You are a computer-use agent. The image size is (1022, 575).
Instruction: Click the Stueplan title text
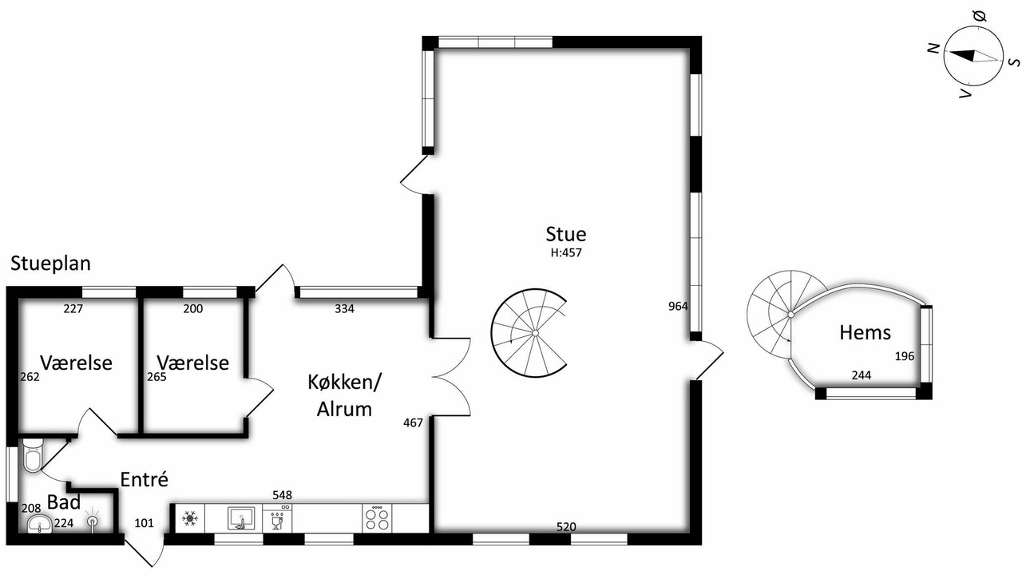pyautogui.click(x=50, y=264)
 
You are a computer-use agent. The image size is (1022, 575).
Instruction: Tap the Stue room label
pyautogui.click(x=566, y=234)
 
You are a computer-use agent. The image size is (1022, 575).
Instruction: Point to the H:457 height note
pyautogui.click(x=566, y=253)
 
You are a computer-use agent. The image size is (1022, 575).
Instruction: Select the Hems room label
pyautogui.click(x=865, y=333)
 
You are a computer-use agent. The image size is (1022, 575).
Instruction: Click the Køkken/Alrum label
pyautogui.click(x=344, y=395)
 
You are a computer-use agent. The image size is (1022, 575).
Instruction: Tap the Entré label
pyautogui.click(x=145, y=479)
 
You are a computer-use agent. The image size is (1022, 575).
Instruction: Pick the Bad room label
pyautogui.click(x=64, y=502)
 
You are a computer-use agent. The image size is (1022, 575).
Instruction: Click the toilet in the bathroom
pyautogui.click(x=33, y=455)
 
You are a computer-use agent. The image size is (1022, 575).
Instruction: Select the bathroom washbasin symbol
pyautogui.click(x=40, y=523)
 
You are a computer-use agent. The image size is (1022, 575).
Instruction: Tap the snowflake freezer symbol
pyautogui.click(x=189, y=518)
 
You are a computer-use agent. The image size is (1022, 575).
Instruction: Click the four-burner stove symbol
pyautogui.click(x=378, y=518)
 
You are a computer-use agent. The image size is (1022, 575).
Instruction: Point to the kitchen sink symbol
pyautogui.click(x=240, y=518)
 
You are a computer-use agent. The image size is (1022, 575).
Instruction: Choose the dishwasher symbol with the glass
pyautogui.click(x=277, y=518)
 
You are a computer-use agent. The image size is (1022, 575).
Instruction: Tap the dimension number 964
pyautogui.click(x=678, y=307)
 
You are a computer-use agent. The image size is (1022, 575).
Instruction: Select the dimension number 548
pyautogui.click(x=282, y=495)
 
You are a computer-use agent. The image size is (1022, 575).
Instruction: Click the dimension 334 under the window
pyautogui.click(x=344, y=309)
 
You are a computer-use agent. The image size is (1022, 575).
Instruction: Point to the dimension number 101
pyautogui.click(x=145, y=523)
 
